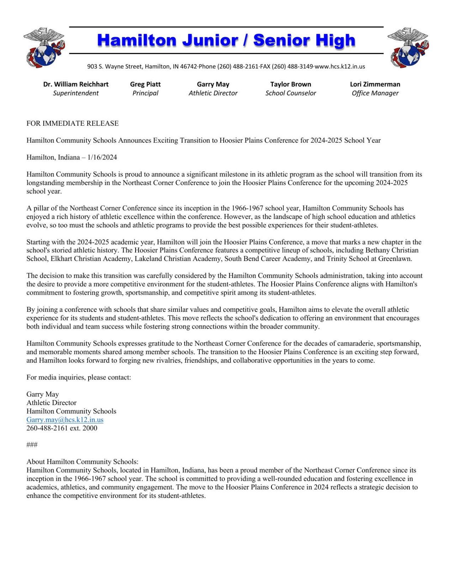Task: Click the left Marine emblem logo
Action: point(44,47)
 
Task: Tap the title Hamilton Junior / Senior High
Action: point(226,41)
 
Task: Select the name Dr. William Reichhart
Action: point(76,84)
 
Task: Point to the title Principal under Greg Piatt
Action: point(145,93)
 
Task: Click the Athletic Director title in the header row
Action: point(213,93)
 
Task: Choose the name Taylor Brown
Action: point(290,84)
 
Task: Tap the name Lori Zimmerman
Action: point(375,84)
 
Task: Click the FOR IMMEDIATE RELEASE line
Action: point(73,124)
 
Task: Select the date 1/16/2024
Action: point(102,157)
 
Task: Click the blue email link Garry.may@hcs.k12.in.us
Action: point(65,420)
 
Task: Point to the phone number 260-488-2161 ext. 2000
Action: point(62,428)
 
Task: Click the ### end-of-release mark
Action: point(32,445)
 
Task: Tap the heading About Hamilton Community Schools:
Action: point(82,462)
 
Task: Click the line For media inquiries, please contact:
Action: point(79,377)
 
